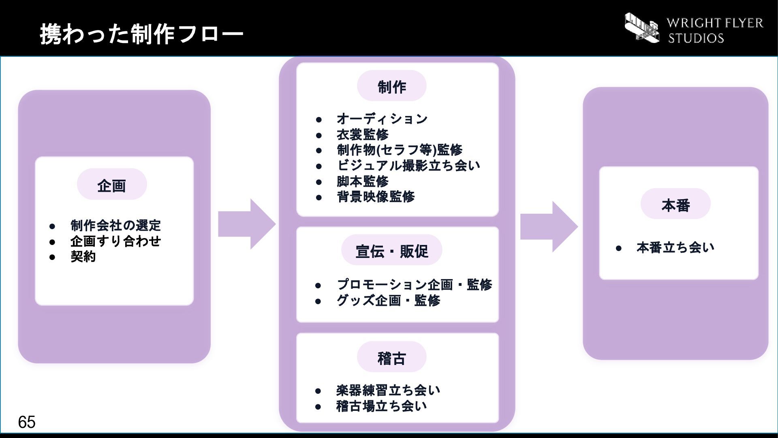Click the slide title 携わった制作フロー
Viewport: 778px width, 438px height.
coord(141,34)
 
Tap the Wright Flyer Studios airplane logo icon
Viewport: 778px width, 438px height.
coord(642,27)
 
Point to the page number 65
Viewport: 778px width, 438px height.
coord(27,422)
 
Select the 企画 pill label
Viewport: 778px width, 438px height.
coord(112,185)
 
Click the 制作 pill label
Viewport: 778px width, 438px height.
coord(391,86)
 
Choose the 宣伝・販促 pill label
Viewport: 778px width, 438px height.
coord(391,250)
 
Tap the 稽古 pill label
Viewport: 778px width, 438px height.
coord(391,357)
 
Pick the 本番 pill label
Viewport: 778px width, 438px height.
coord(675,204)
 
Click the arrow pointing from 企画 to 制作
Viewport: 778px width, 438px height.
coord(247,224)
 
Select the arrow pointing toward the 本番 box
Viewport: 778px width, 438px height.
coord(549,226)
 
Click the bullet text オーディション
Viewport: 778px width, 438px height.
coord(382,119)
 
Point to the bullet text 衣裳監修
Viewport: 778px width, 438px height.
coord(363,134)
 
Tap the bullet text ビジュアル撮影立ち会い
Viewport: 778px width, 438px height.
coord(408,165)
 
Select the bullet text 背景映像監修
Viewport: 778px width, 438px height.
coord(376,197)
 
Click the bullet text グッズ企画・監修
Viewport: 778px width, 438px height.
coord(388,301)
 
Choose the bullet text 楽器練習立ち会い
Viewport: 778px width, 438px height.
coord(388,391)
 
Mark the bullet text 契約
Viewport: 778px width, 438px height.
coord(83,256)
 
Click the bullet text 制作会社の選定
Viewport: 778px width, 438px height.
coord(115,225)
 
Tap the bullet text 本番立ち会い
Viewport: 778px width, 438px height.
coord(675,247)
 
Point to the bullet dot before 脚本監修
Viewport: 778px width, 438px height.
coord(319,182)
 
